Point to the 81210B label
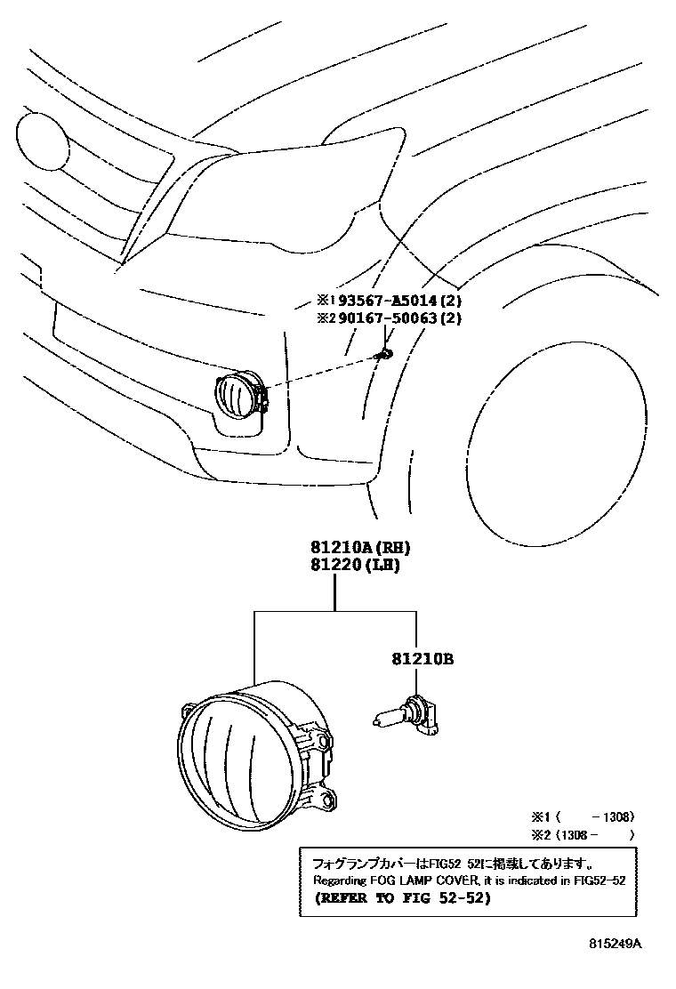coord(422,660)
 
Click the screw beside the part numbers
coord(384,354)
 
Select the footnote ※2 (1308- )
coord(583,834)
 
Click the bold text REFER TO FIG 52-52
coord(401,898)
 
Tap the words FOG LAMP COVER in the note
coord(431,880)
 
